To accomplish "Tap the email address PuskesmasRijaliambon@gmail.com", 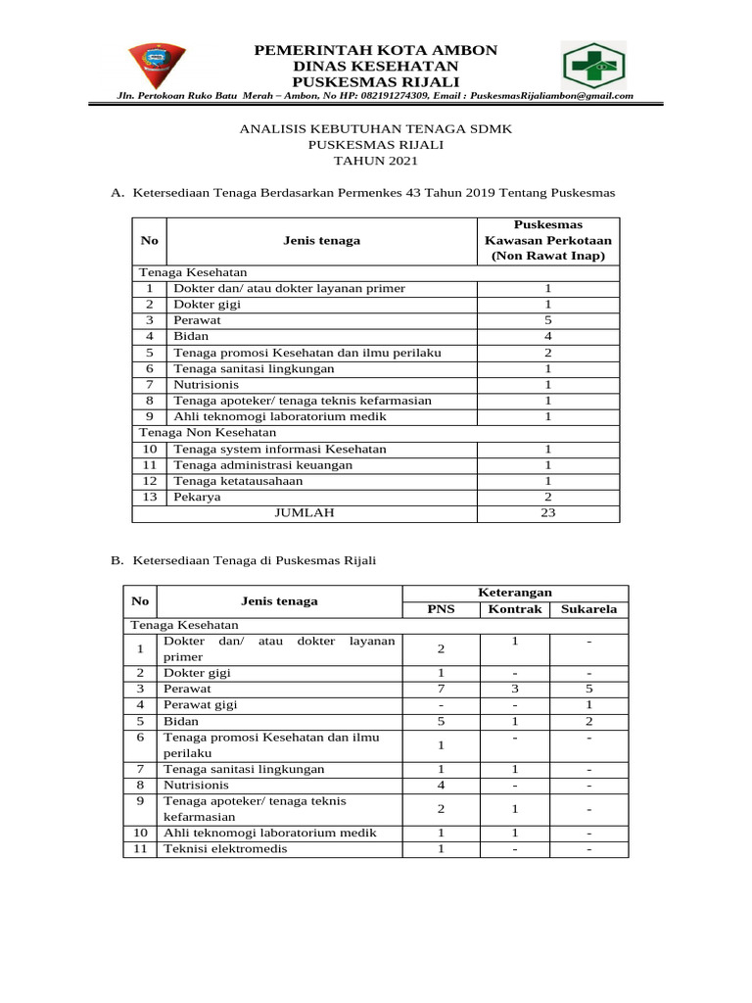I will (551, 96).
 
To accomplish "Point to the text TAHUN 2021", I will (362, 161).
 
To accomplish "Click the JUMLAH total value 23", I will (548, 512).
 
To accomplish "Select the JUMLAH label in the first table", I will (305, 512).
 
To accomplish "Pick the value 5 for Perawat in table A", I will (548, 320).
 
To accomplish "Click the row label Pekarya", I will (197, 497).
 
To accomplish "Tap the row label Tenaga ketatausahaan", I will (238, 481).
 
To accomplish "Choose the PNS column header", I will (442, 609).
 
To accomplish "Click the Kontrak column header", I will (514, 609).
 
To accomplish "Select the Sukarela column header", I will (588, 609).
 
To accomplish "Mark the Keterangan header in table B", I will (514, 593).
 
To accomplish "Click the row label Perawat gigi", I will (200, 704).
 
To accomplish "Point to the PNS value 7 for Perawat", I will (442, 689).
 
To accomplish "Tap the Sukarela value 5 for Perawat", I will (588, 689).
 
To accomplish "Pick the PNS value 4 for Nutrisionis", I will (442, 785).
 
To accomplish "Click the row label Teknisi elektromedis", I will (225, 848).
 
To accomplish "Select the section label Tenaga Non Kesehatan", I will (194, 432).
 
